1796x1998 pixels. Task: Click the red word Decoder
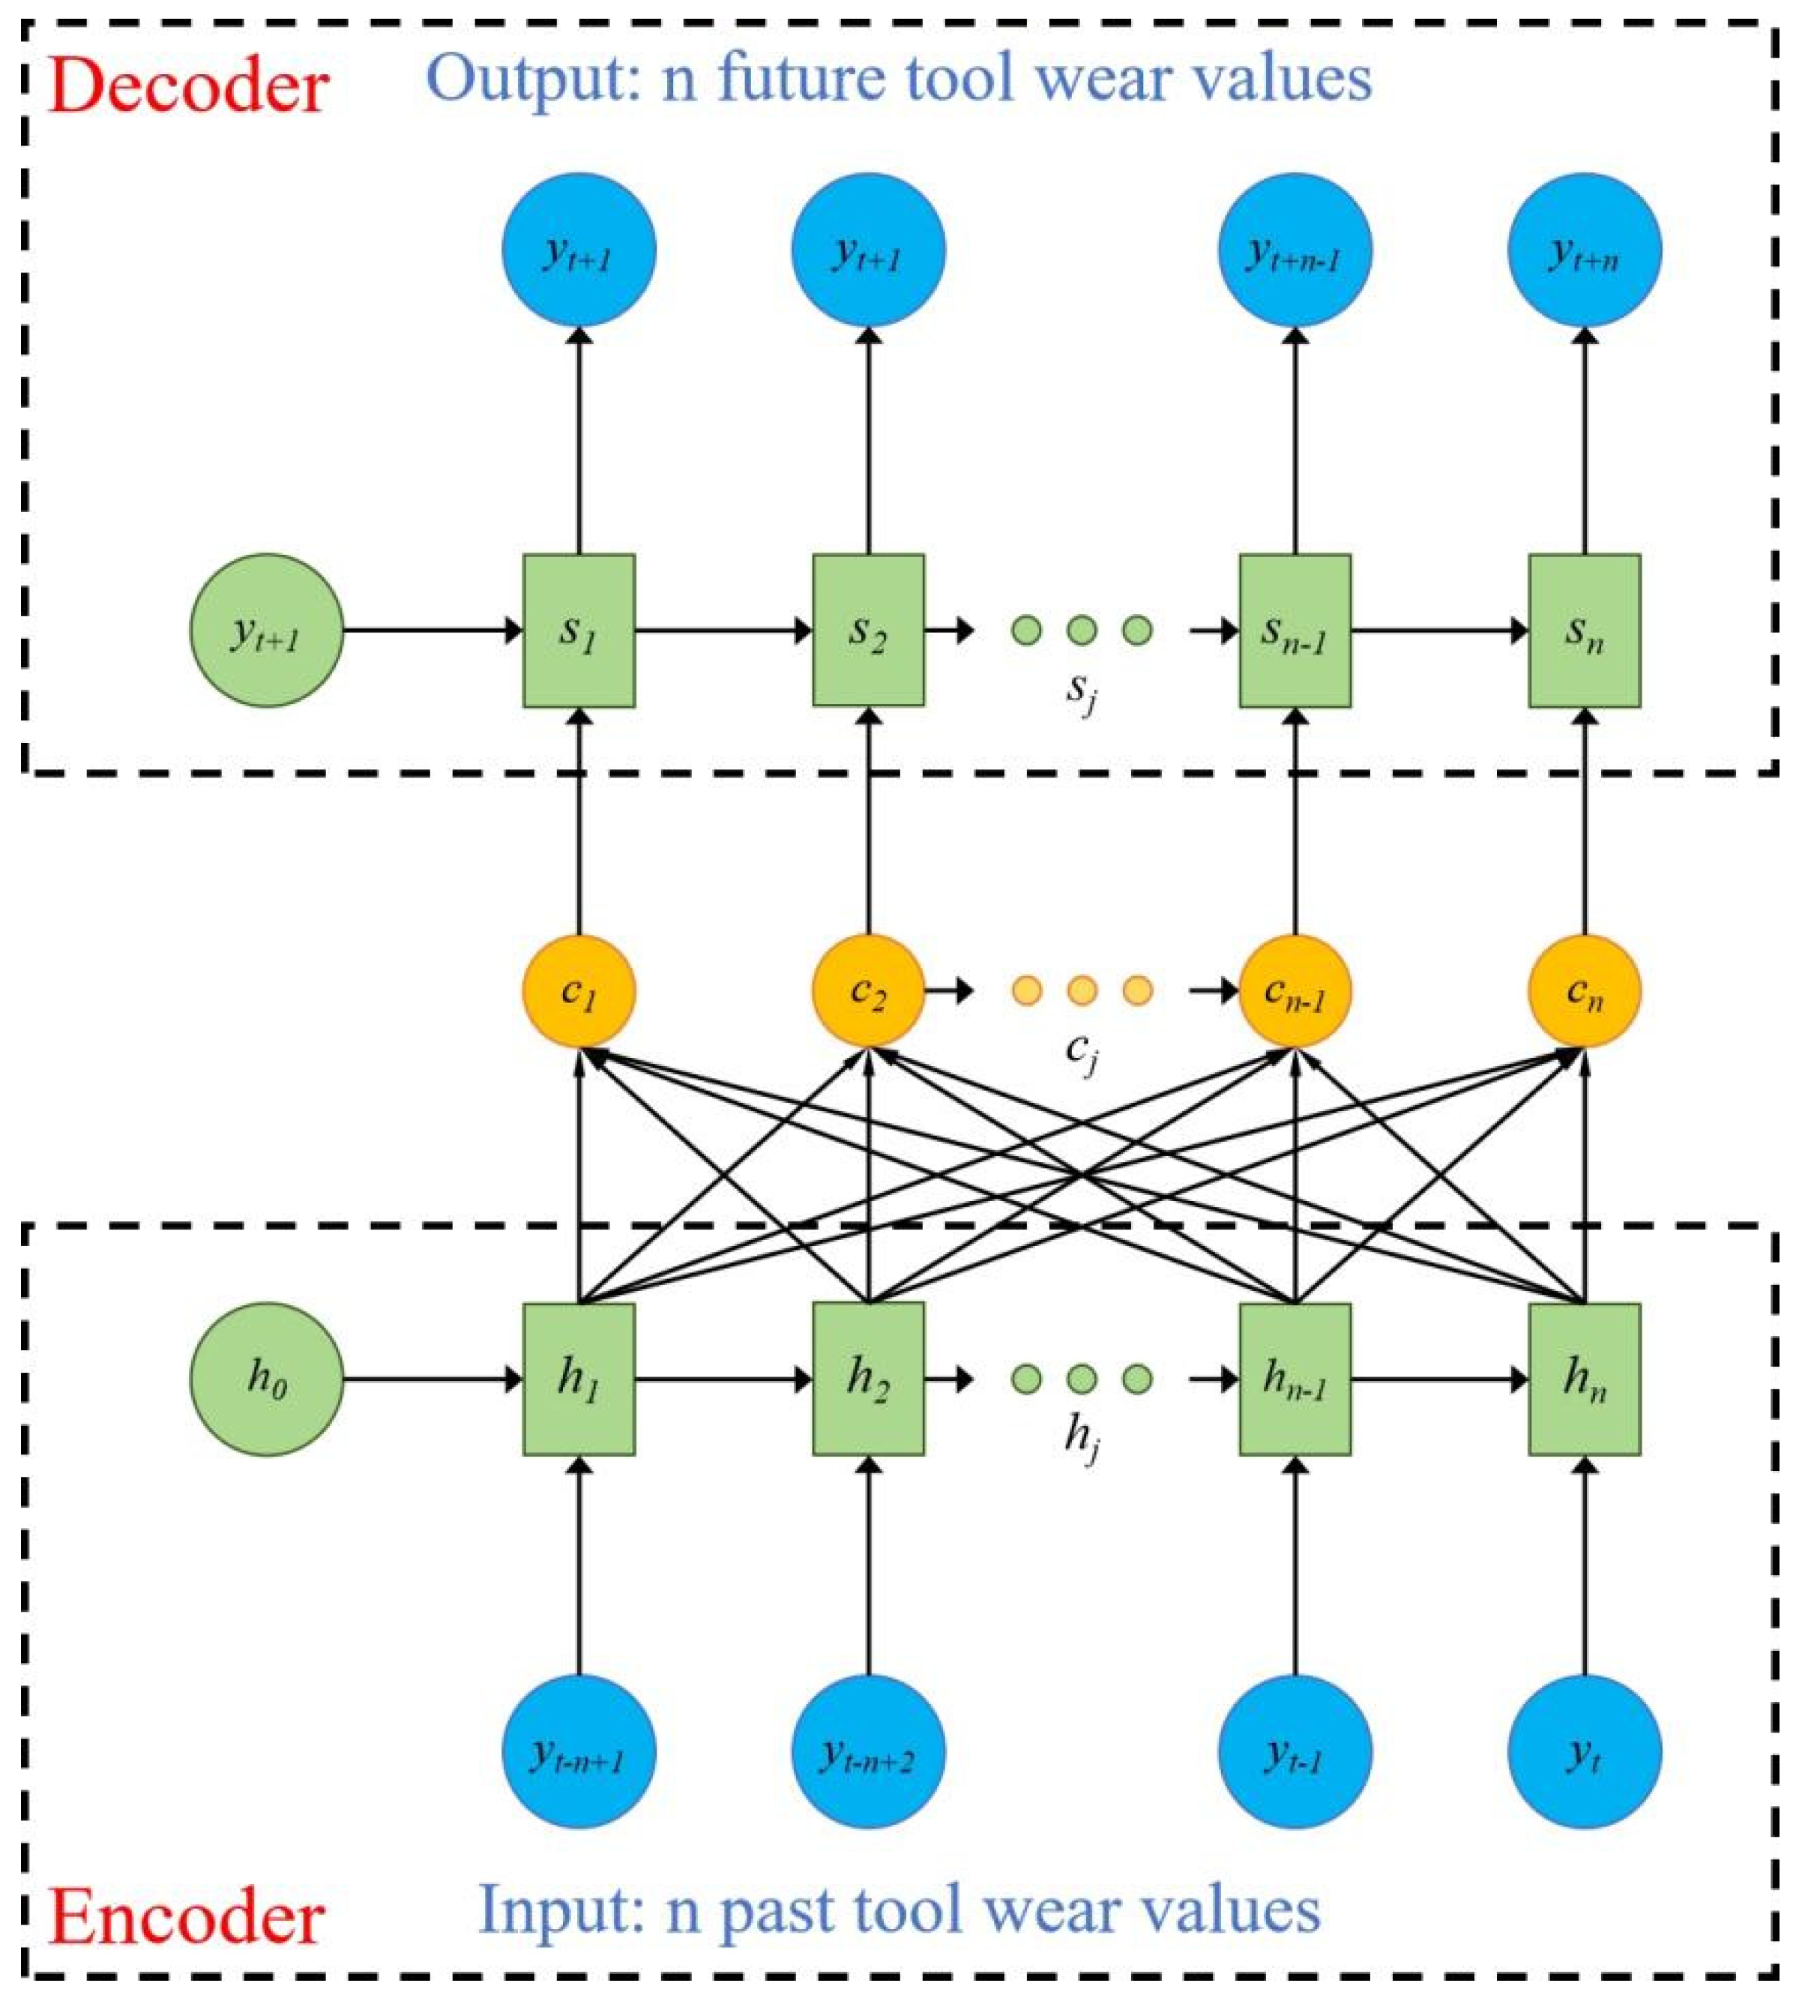(x=187, y=87)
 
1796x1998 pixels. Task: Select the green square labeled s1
(x=578, y=630)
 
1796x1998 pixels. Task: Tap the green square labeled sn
(x=1584, y=630)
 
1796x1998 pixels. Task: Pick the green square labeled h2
(x=869, y=1378)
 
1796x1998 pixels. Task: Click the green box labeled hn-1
(x=1295, y=1378)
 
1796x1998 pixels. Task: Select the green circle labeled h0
(x=266, y=1378)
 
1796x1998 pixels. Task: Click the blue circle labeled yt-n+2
(x=869, y=1752)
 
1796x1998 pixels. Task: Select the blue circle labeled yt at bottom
(x=1584, y=1752)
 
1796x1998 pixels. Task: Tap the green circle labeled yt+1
(x=266, y=630)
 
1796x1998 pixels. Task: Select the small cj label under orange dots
(x=1081, y=1051)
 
